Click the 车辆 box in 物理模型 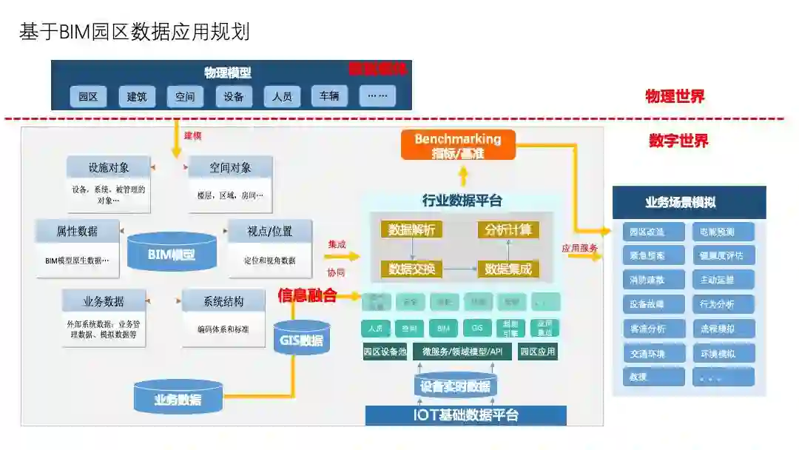coord(329,96)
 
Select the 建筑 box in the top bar coord(137,96)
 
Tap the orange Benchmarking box coord(458,145)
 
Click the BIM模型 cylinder coord(172,253)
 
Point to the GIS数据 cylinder coord(301,338)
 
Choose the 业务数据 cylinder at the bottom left coord(178,397)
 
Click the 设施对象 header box coord(108,167)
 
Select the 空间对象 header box coord(230,167)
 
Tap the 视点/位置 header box coord(269,231)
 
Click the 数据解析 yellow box coord(411,229)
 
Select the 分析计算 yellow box coord(508,229)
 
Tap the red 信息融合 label coord(307,295)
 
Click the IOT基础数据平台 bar coord(465,415)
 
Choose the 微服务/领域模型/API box coord(462,352)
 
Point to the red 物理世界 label coord(675,95)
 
